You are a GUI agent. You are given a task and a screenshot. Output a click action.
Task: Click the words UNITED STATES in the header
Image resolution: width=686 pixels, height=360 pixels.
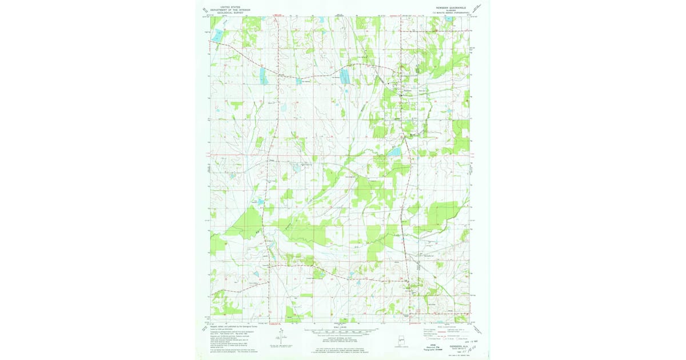tap(225, 7)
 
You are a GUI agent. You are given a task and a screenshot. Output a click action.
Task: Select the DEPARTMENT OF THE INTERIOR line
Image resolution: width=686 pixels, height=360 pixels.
tap(225, 10)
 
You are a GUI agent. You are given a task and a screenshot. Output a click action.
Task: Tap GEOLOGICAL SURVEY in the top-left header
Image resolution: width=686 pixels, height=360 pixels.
tap(225, 13)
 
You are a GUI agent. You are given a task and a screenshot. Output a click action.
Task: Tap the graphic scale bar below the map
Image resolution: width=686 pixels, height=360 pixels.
tap(342, 331)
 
